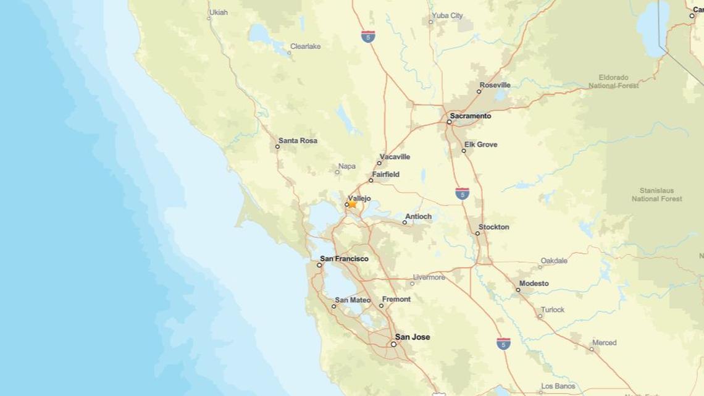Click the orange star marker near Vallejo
click(352, 204)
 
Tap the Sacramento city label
click(471, 116)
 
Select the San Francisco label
click(344, 259)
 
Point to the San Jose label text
click(413, 337)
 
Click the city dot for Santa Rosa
click(277, 146)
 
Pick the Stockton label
click(493, 227)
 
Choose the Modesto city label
click(534, 284)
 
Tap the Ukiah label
click(218, 12)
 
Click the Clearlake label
click(306, 46)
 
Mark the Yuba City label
click(448, 15)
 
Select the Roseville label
click(495, 85)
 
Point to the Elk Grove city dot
click(464, 151)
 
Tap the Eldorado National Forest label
click(613, 82)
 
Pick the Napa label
click(347, 166)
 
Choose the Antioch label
click(418, 217)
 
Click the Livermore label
click(429, 277)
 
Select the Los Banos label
click(558, 386)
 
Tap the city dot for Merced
click(591, 349)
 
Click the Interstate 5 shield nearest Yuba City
click(369, 36)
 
